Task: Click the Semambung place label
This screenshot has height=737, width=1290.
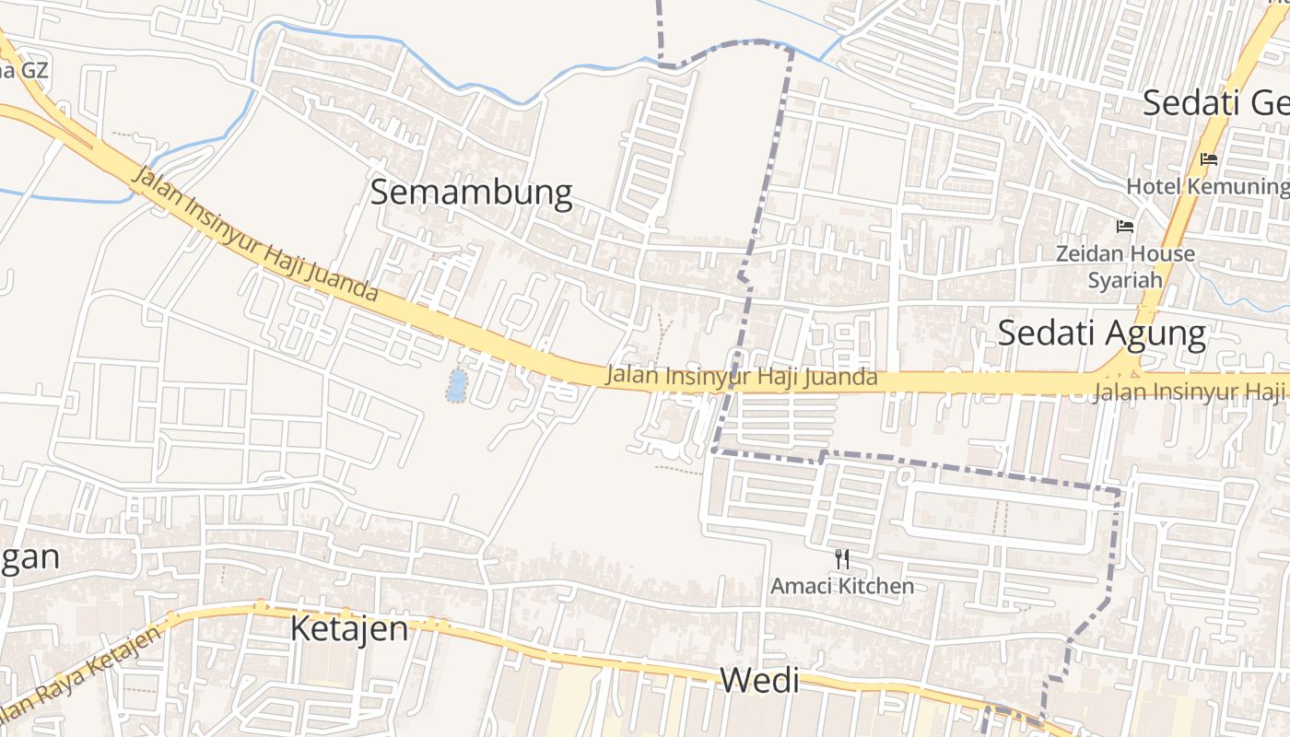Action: [471, 193]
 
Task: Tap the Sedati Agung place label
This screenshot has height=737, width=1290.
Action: [1102, 333]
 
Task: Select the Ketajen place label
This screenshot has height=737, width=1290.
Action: [349, 629]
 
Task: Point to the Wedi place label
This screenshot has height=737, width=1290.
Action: [758, 682]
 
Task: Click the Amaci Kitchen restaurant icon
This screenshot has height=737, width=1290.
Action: [841, 558]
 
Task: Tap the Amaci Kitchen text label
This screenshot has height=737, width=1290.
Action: [842, 586]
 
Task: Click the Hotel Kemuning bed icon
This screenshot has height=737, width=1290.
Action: [1209, 159]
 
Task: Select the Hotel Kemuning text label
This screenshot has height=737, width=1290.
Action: [1207, 186]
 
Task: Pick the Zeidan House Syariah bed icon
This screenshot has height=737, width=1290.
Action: [1124, 227]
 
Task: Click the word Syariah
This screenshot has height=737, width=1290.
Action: [1124, 280]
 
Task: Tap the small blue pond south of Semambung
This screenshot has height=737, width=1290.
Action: [456, 386]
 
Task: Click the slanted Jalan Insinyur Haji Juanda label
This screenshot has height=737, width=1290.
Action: [255, 236]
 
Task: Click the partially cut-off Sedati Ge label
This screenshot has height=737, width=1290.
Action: [1215, 103]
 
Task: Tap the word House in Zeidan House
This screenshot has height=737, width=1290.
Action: [1163, 253]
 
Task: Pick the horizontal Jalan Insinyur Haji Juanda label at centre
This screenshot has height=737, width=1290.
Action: [741, 377]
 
